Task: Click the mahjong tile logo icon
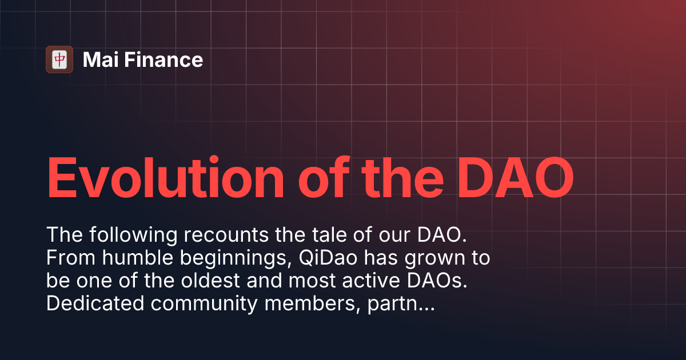click(x=59, y=59)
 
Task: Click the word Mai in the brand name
click(x=96, y=60)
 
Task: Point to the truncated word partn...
click(x=400, y=304)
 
